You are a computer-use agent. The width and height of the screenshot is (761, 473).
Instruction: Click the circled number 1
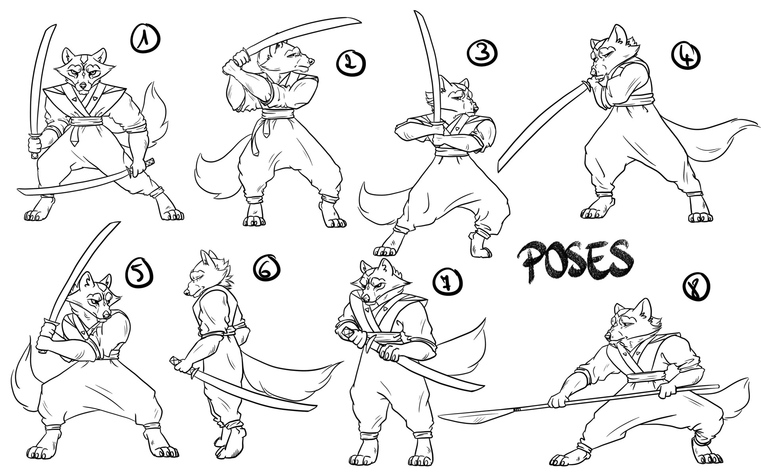click(x=145, y=38)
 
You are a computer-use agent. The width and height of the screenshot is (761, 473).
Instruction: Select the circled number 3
click(x=482, y=53)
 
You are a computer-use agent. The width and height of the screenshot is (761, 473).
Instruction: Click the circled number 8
click(x=696, y=287)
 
